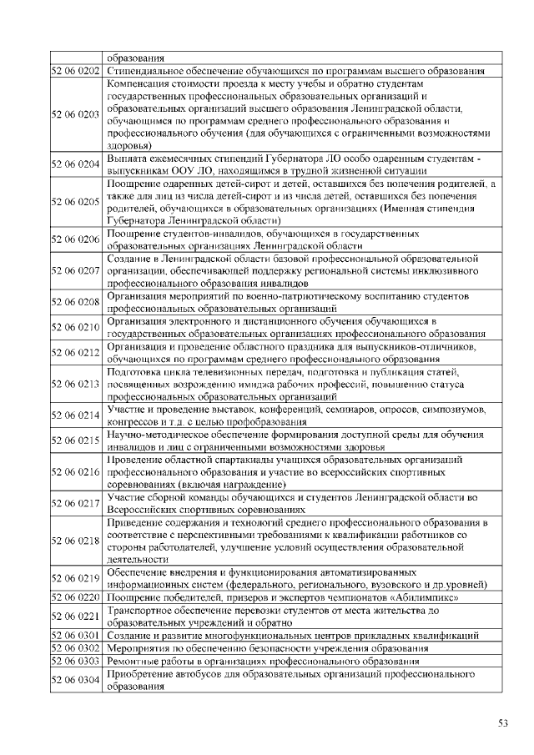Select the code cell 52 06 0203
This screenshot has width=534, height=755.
[x=76, y=114]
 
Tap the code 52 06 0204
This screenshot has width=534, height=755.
[x=76, y=164]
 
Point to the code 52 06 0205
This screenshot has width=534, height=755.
[x=76, y=201]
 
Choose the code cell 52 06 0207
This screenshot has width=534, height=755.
[x=76, y=271]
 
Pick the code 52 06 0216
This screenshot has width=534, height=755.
[x=76, y=471]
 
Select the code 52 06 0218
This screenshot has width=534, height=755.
[x=76, y=540]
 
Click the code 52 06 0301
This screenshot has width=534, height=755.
[x=76, y=636]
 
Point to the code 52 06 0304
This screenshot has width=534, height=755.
[x=76, y=680]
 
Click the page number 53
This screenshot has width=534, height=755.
[x=502, y=722]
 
